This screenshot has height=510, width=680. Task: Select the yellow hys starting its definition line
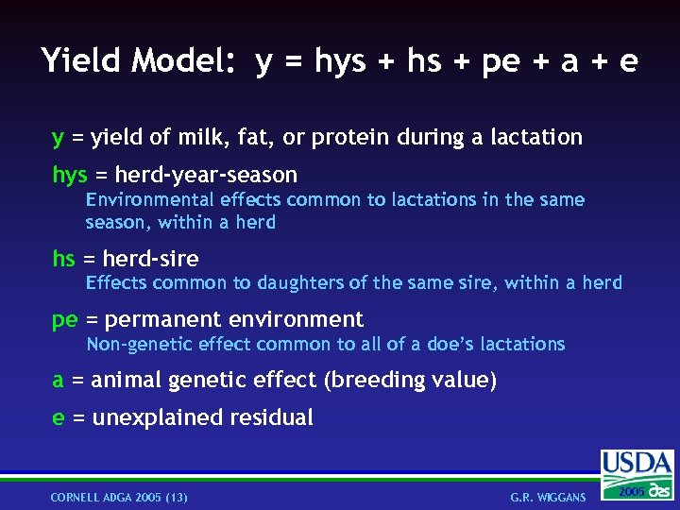[69, 176]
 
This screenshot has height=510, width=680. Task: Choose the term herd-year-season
[206, 176]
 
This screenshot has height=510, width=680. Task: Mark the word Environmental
[148, 200]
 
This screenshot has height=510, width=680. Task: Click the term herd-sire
[150, 259]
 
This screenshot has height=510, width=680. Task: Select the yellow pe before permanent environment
[64, 320]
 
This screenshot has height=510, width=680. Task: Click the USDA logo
[637, 472]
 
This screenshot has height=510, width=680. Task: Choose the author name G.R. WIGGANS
[548, 497]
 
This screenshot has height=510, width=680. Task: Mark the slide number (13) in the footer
[175, 497]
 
